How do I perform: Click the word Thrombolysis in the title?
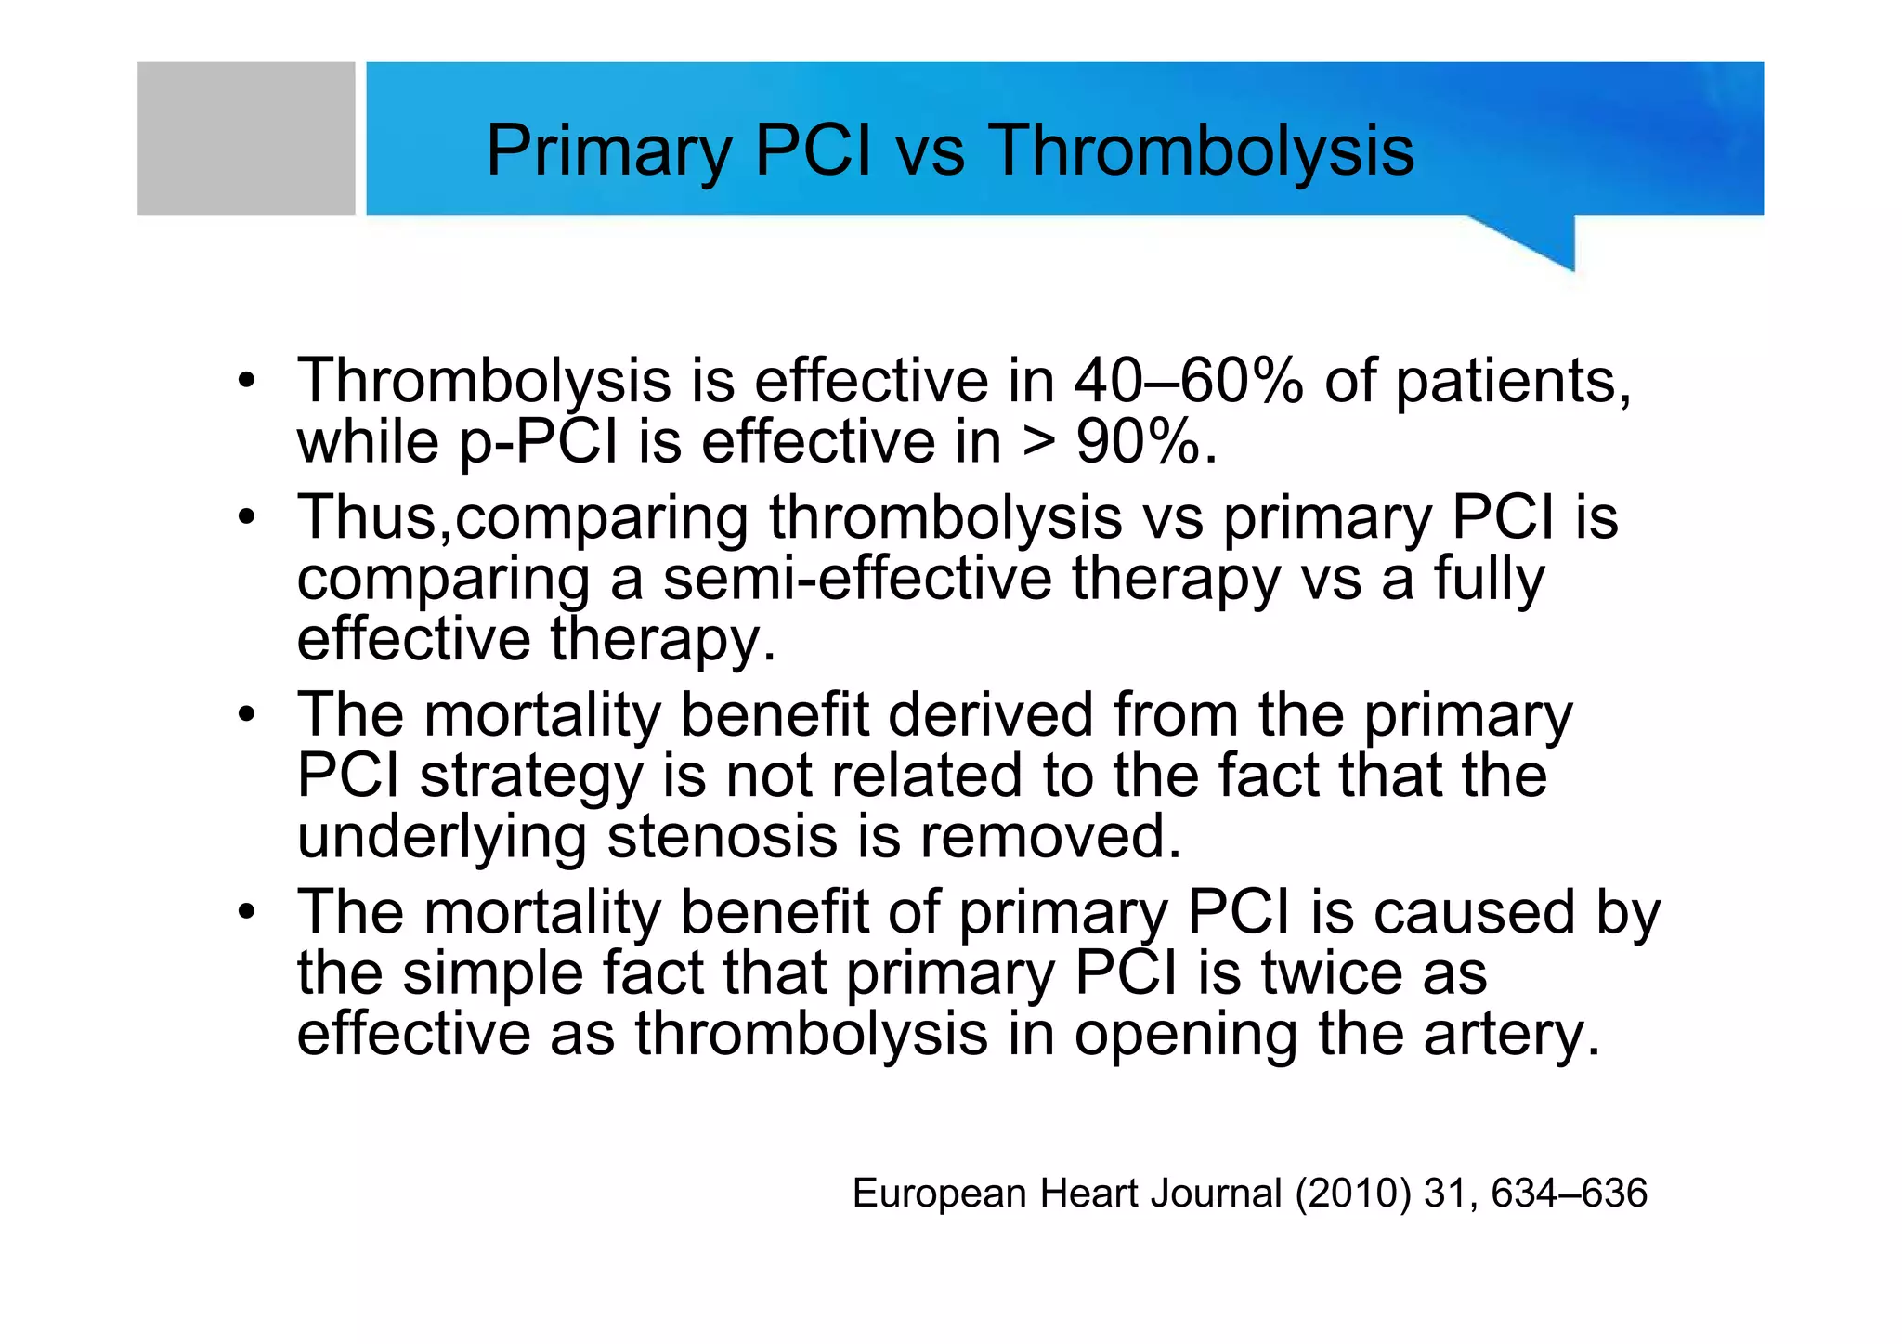[x=1200, y=150]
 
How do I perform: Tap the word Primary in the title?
[x=608, y=150]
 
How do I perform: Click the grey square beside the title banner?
[x=246, y=139]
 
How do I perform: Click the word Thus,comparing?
[x=523, y=518]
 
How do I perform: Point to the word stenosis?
[x=721, y=836]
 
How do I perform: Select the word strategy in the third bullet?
[x=530, y=776]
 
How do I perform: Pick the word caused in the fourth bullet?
[x=1474, y=912]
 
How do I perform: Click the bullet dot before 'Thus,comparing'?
[x=246, y=516]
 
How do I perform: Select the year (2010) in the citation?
[x=1353, y=1194]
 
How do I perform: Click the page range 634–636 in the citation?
[x=1569, y=1194]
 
